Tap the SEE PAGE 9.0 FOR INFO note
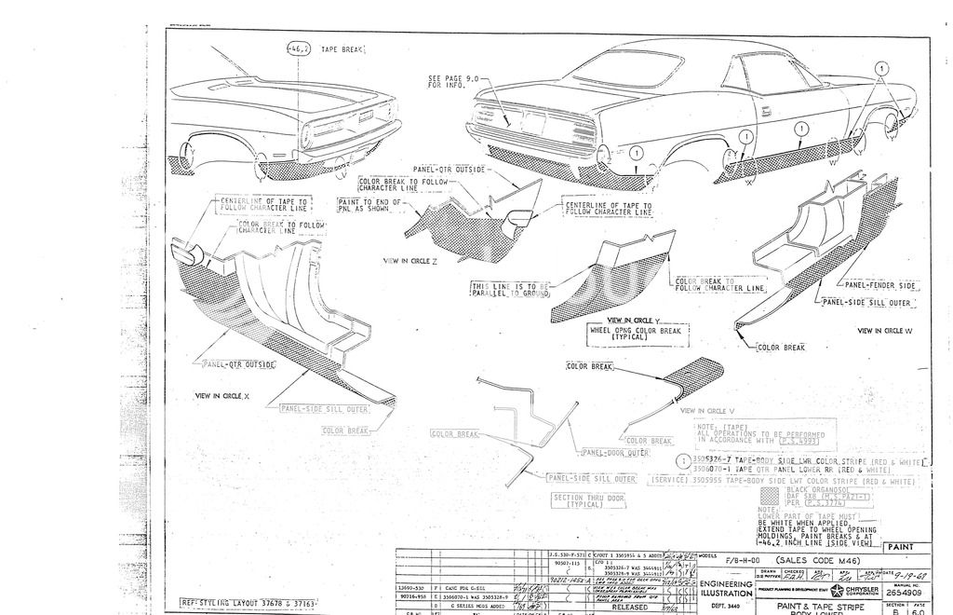click(449, 81)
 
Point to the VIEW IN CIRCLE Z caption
click(410, 260)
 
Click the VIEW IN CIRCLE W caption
click(884, 331)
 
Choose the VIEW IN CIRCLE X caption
click(221, 396)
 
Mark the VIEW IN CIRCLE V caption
click(707, 410)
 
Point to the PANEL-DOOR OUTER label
click(615, 452)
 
